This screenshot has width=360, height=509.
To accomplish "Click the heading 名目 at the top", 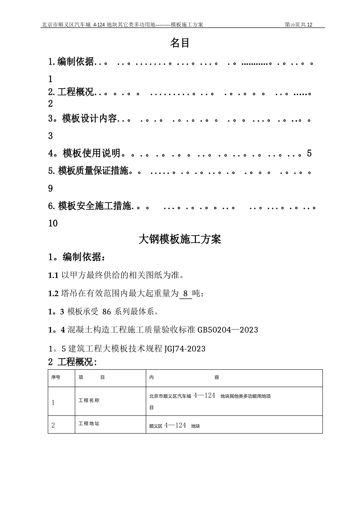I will point(180,43).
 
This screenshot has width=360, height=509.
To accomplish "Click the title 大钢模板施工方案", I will point(180,239).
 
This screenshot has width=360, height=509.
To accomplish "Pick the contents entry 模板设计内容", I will point(89,119).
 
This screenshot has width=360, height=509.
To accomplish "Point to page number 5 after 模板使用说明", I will point(309,153).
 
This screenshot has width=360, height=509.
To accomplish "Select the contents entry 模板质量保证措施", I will point(93,171).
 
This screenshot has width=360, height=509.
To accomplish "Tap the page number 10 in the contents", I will point(53,223).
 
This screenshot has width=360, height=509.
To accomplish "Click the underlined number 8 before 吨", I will point(185,294).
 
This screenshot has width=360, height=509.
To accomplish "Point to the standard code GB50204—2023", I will point(228,330).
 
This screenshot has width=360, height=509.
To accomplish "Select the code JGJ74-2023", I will point(185,348).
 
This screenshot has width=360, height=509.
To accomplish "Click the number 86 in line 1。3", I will point(107,312).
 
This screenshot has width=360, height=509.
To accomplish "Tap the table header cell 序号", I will point(56,378).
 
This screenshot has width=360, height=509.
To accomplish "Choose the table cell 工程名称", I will point(89,400).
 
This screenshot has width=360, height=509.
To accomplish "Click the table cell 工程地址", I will point(89,423).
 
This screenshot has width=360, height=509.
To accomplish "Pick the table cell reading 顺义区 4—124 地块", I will point(175,426).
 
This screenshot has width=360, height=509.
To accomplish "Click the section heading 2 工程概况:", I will point(72,362).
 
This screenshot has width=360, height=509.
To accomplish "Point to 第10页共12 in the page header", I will point(299,25).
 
